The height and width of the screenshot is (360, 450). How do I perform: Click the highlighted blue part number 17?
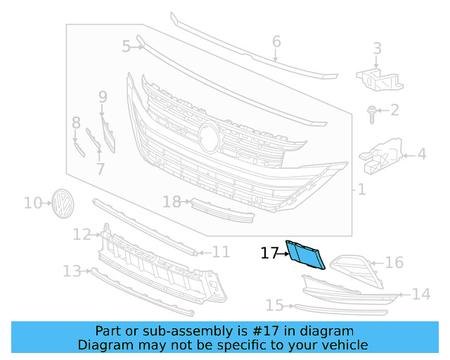305,255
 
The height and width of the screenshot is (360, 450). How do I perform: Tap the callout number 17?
269,253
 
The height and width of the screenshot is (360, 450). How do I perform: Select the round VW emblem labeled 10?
63,202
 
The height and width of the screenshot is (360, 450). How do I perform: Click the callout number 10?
33,203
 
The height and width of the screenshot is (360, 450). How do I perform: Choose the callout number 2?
394,110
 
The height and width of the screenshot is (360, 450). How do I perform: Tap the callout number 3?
378,49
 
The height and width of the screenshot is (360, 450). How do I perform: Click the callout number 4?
421,154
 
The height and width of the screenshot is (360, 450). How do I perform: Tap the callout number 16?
394,263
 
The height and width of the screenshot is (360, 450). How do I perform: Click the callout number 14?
420,295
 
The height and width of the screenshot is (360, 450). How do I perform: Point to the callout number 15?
274,305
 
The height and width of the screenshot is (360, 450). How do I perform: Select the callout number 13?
71,271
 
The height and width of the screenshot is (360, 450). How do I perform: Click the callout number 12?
82,234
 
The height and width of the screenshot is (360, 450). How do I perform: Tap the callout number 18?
172,202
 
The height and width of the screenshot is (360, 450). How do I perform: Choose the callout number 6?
276,42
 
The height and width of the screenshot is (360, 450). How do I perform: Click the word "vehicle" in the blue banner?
342,345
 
